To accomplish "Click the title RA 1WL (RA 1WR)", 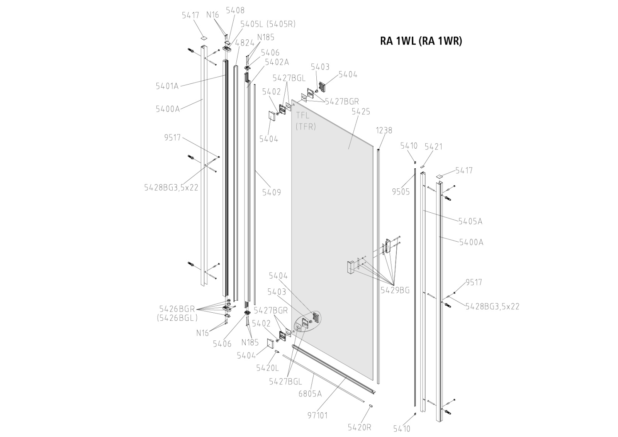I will (x=421, y=41).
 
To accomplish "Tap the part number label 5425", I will (x=361, y=112).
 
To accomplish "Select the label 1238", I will (x=384, y=130).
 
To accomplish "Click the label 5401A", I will (x=167, y=86).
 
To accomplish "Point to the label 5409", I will (x=272, y=192).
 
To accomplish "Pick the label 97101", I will (x=317, y=415).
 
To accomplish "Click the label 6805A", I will (x=310, y=394).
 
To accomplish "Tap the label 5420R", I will (x=359, y=427).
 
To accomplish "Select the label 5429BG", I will (x=395, y=290).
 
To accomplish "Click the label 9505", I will (x=401, y=191).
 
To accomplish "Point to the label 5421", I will (x=433, y=147).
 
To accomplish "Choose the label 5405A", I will (x=470, y=222).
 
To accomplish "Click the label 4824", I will (x=244, y=43).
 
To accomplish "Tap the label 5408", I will (x=235, y=10).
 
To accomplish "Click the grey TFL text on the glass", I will (x=302, y=115).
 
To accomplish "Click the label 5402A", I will (x=277, y=62).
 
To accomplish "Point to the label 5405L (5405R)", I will (x=268, y=24).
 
